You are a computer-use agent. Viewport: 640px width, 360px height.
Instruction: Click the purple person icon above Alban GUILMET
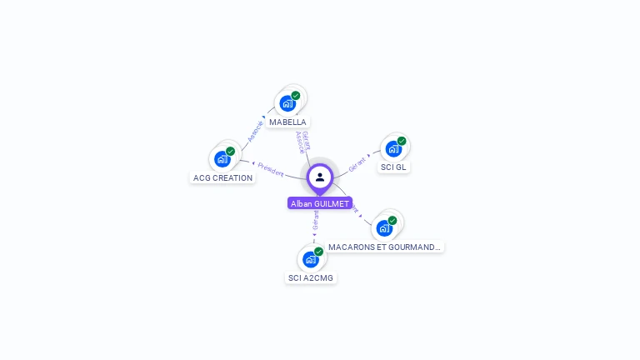[x=320, y=177]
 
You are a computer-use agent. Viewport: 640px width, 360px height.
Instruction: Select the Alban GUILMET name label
[x=320, y=203]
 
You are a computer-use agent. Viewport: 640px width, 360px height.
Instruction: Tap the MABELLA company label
[x=287, y=122]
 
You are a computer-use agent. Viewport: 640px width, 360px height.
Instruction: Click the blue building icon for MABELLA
[x=287, y=103]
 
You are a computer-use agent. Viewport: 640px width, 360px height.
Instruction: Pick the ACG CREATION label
[x=222, y=177]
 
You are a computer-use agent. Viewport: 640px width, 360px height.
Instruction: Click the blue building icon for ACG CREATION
[x=222, y=158]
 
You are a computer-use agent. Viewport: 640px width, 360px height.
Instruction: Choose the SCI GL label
[x=393, y=167]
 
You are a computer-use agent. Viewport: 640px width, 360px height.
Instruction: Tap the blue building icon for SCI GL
[x=392, y=148]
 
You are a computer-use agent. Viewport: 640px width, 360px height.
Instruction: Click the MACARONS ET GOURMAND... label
[x=384, y=247]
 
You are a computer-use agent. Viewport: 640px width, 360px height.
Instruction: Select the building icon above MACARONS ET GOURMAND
[x=383, y=227]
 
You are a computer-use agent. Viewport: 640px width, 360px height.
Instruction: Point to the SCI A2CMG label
[x=311, y=277]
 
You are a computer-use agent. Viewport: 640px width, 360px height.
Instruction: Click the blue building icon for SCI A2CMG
[x=310, y=259]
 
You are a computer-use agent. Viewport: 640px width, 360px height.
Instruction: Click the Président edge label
[x=271, y=168]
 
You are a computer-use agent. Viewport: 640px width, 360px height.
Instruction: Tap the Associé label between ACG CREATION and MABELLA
[x=255, y=131]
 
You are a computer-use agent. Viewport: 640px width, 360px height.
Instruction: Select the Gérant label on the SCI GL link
[x=357, y=163]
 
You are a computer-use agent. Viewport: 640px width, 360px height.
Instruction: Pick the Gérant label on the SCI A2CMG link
[x=316, y=219]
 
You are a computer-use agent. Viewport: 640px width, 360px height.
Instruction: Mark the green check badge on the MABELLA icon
[x=296, y=96]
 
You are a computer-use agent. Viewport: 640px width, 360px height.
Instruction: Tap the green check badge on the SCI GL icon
[x=402, y=141]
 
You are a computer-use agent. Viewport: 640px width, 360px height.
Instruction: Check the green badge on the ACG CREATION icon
[x=231, y=151]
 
